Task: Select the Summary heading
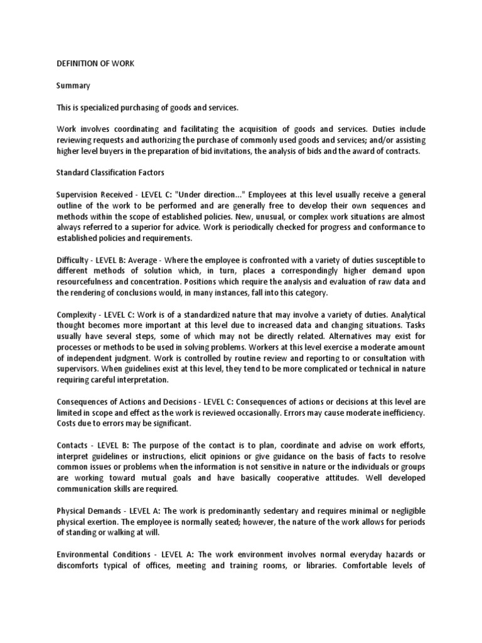click(x=73, y=85)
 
